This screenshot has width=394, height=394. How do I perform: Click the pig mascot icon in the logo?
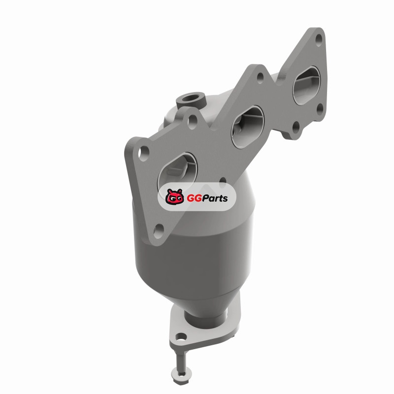(174, 197)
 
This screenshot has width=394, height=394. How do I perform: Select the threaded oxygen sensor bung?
(191, 100)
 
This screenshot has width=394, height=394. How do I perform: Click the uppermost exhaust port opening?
(307, 85)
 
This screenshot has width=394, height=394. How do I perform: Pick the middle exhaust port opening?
(248, 128)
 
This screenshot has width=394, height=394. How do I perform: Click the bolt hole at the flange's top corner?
(319, 40)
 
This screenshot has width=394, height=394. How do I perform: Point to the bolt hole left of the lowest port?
(144, 153)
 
